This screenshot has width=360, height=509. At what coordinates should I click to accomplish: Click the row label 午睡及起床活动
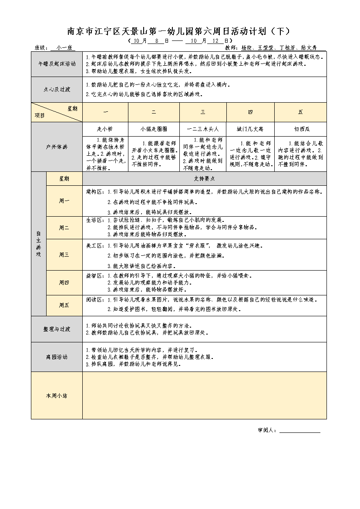[x=57, y=64]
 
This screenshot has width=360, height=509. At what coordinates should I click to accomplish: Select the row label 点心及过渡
[x=57, y=90]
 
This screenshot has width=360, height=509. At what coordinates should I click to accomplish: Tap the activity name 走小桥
[x=105, y=129]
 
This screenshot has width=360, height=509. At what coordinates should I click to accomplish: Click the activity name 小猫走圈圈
[x=154, y=129]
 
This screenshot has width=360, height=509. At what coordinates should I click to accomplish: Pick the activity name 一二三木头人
[x=202, y=129]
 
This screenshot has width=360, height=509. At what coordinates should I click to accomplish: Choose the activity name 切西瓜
[x=300, y=129]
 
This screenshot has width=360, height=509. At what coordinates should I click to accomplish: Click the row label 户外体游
[x=57, y=147]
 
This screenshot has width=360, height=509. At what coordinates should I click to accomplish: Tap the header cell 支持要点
[x=204, y=178]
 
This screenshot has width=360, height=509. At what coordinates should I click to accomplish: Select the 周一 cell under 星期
[x=64, y=201]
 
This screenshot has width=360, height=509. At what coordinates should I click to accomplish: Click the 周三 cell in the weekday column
[x=64, y=255]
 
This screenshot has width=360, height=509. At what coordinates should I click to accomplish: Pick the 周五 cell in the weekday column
[x=64, y=305]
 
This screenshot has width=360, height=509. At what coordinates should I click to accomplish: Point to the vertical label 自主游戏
[x=38, y=244]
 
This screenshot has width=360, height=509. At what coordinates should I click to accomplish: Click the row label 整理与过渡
[x=57, y=329]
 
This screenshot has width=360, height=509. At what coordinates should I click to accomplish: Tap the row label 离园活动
[x=57, y=357]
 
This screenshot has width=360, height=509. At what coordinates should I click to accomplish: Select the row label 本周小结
[x=57, y=396]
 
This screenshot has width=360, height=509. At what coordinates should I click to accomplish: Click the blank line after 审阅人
[x=299, y=431]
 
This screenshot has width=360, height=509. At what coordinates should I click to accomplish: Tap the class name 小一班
[x=63, y=47]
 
